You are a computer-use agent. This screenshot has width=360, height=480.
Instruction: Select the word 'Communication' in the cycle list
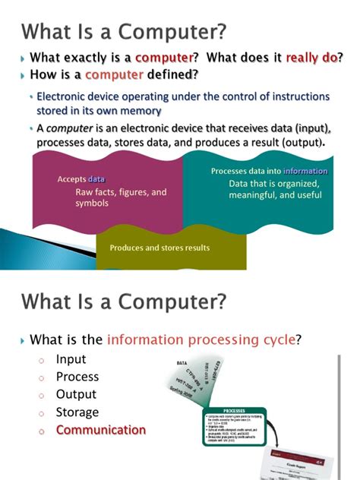100,430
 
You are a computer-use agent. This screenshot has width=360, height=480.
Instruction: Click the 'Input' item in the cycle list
71,359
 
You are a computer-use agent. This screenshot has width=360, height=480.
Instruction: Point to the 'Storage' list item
77,412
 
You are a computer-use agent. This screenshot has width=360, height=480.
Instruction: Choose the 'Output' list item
76,394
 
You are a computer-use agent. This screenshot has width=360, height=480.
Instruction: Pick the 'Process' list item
77,377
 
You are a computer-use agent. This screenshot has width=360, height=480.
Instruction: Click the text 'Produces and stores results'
159,248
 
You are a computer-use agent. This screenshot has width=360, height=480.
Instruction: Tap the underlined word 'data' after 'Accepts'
96,179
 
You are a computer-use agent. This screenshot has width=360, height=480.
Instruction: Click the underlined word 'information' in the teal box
305,171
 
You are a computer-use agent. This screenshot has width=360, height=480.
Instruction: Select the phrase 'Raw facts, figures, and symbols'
120,197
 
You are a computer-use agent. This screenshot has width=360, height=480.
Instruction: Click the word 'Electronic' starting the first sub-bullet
62,97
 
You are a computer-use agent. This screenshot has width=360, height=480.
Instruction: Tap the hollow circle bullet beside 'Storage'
43,413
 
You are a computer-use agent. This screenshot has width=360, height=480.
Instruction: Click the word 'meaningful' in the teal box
256,195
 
